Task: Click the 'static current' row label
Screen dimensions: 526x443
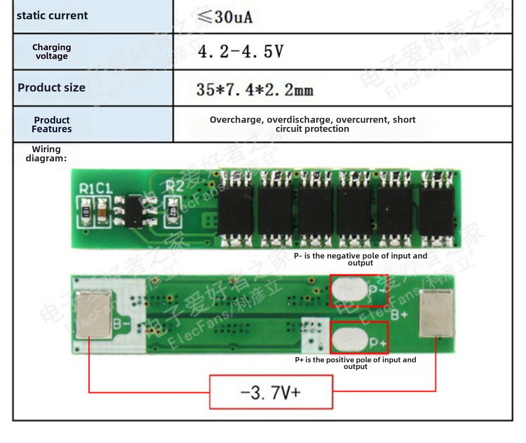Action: (52, 16)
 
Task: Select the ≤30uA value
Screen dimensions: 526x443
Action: (225, 17)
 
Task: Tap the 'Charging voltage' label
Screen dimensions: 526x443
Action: (52, 52)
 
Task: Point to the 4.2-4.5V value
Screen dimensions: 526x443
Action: (241, 52)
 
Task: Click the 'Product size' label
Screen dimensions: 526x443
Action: (52, 88)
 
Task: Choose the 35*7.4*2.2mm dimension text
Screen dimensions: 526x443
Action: (255, 89)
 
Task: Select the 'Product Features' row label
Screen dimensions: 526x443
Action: (52, 125)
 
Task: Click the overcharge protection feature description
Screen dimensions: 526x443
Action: (312, 124)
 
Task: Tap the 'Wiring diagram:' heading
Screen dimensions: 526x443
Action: (46, 154)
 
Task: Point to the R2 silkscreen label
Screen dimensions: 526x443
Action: (174, 186)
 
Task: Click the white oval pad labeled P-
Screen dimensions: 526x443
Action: (349, 289)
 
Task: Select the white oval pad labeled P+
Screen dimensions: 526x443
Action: (349, 339)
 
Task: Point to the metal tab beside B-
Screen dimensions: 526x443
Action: (94, 314)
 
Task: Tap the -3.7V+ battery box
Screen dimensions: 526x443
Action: (271, 392)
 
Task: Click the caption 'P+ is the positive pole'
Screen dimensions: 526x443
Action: (355, 363)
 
